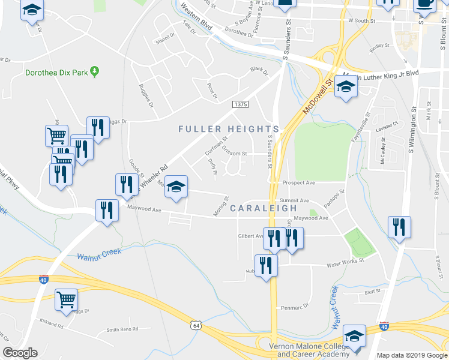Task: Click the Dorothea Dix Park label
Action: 56,73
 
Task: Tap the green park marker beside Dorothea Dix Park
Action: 94,72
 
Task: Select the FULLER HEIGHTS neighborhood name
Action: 229,129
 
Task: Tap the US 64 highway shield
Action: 195,325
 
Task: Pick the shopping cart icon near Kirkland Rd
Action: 66,299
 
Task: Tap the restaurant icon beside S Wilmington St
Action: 399,227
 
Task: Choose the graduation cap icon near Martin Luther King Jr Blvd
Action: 346,88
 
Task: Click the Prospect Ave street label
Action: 300,182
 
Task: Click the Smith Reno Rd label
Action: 122,329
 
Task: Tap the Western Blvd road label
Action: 196,19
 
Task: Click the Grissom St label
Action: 234,153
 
